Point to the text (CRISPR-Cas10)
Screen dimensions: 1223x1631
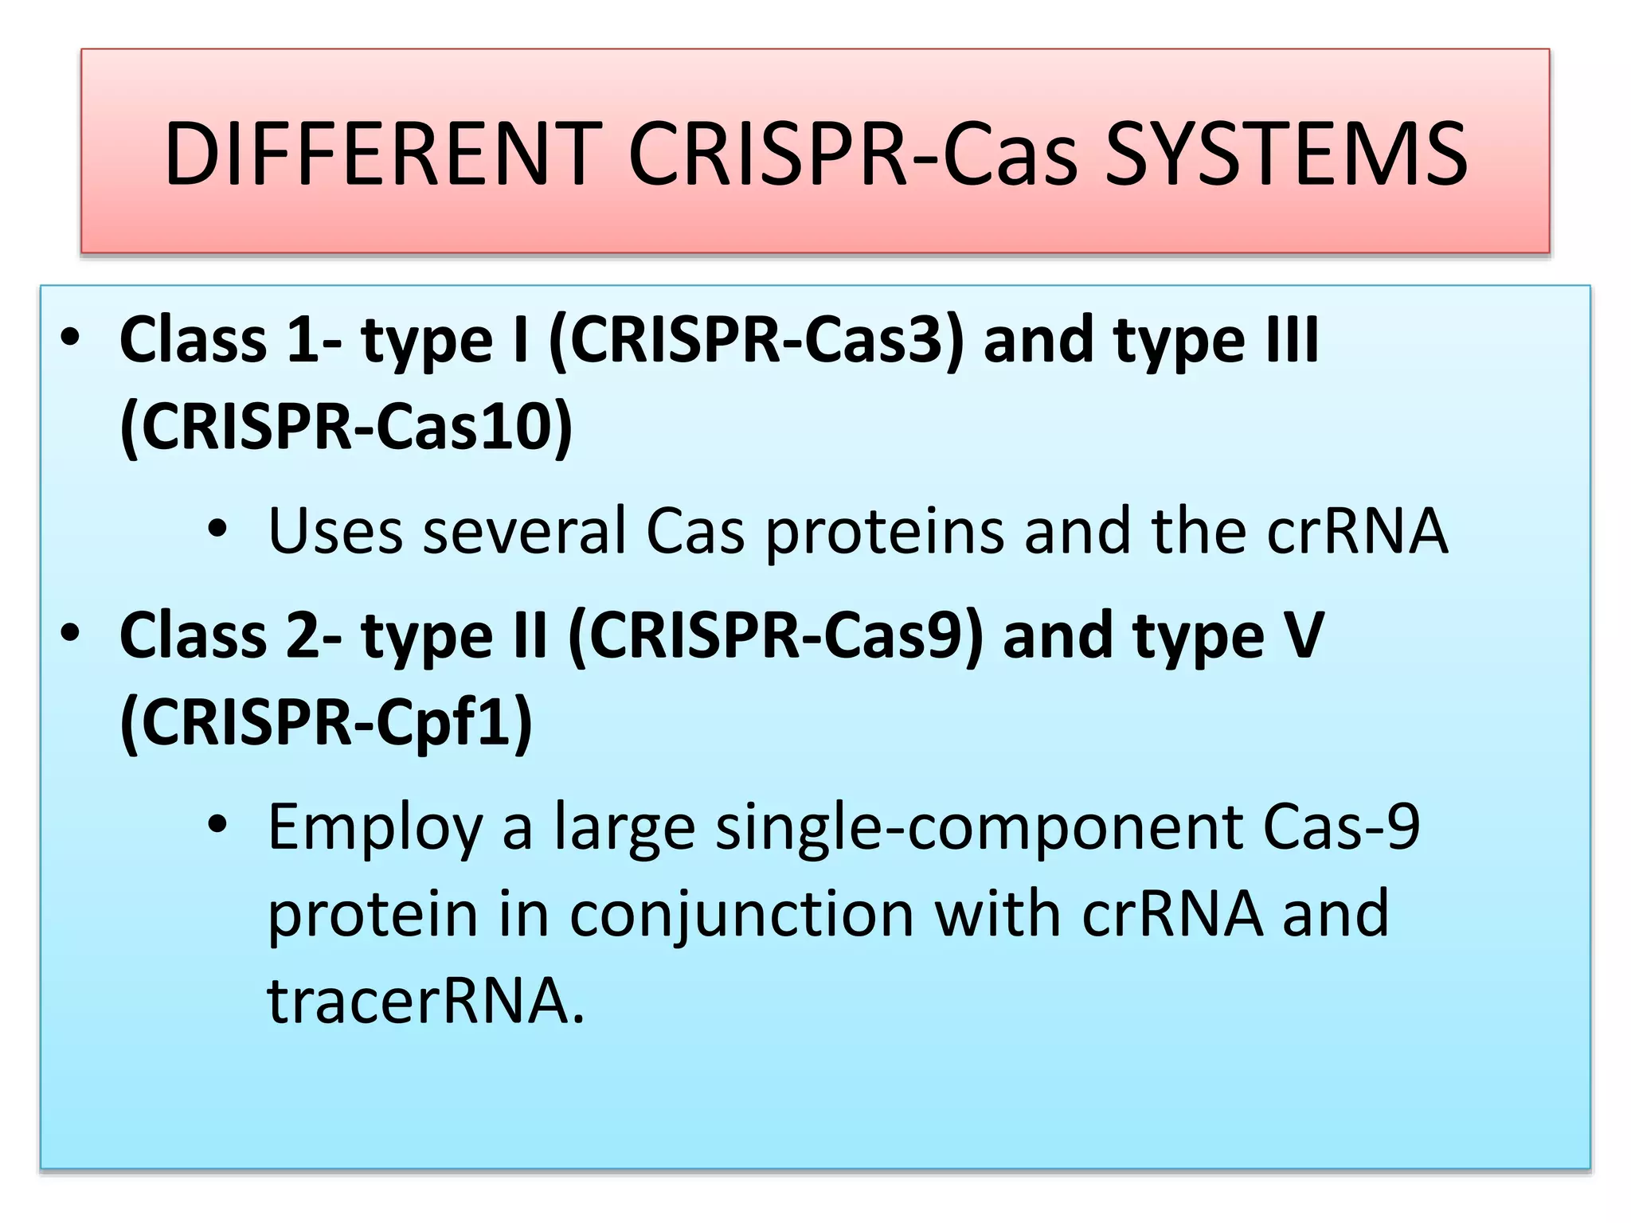(346, 427)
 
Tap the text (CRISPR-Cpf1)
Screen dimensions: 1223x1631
(326, 722)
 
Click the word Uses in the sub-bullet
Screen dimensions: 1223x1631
(335, 531)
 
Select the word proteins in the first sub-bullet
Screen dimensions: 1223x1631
(884, 531)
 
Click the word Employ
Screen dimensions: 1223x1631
(375, 828)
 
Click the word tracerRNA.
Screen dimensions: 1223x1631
(426, 1001)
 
